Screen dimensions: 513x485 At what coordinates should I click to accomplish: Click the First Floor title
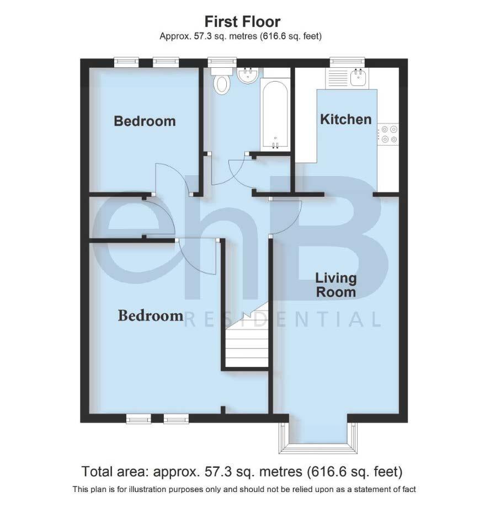tap(242, 22)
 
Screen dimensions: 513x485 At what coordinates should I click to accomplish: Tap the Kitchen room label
tap(346, 119)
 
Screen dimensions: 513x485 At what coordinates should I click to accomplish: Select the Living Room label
tap(335, 285)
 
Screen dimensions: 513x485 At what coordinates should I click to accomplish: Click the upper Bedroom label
tap(145, 121)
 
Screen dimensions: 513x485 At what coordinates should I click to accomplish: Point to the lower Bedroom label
tap(151, 316)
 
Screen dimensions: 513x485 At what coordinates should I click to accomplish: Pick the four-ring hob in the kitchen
tap(387, 135)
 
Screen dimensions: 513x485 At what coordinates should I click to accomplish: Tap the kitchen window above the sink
tap(347, 61)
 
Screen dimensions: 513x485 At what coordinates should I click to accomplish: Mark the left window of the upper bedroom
tap(126, 61)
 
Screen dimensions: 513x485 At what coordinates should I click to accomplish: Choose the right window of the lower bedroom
tap(176, 419)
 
